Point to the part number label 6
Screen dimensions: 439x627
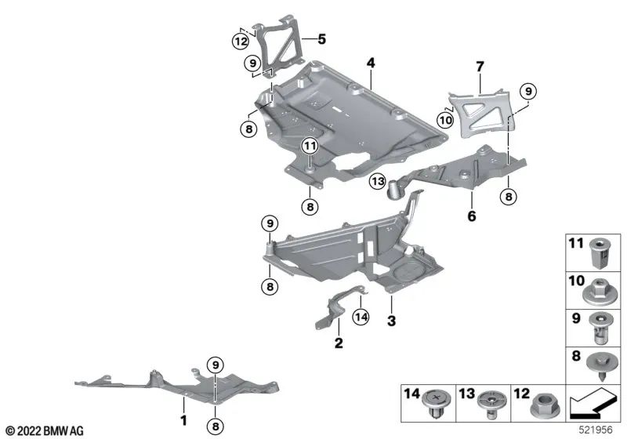click(472, 216)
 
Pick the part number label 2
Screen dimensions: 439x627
click(339, 342)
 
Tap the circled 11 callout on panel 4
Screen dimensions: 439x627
click(310, 145)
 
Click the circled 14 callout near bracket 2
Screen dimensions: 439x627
click(361, 316)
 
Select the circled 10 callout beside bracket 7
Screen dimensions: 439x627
click(445, 119)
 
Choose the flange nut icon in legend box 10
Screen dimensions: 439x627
click(596, 291)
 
